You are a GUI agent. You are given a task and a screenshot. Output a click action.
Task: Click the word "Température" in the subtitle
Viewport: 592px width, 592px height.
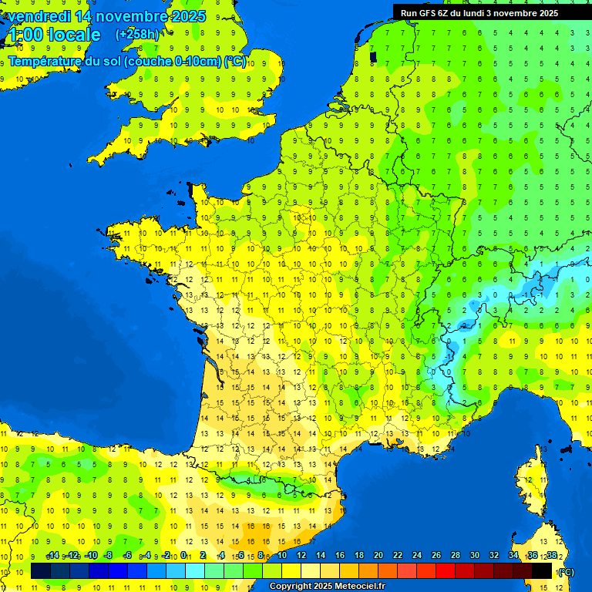[46, 61]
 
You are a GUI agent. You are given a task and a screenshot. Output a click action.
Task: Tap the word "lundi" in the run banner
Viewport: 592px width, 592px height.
[480, 12]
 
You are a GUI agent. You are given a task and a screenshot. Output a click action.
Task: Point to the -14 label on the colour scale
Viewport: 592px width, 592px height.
[52, 556]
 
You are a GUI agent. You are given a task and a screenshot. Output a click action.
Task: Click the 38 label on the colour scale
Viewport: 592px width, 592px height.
[552, 556]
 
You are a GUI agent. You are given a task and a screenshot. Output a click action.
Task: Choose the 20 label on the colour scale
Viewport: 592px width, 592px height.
[378, 556]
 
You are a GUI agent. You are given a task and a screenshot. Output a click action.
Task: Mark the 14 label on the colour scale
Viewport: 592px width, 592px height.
[321, 556]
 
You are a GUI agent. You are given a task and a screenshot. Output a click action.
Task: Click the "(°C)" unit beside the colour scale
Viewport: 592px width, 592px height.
[566, 572]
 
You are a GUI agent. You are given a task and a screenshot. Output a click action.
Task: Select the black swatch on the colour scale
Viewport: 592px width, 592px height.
[542, 570]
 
